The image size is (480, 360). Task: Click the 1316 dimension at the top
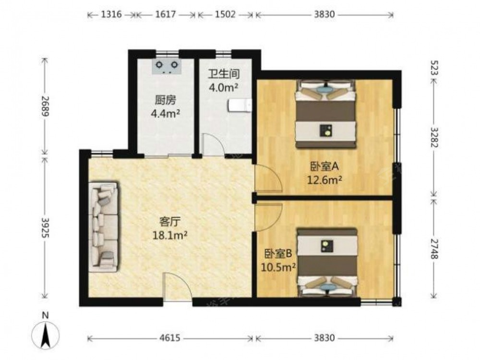point(111,14)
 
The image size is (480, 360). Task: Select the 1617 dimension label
point(165,14)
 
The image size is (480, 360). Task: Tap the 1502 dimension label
point(225,14)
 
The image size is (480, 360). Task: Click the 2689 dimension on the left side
point(45,106)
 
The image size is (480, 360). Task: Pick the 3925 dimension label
point(45,228)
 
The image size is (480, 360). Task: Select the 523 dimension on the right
point(434,68)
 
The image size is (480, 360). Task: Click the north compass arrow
point(46,335)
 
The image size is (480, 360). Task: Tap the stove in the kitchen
point(167,67)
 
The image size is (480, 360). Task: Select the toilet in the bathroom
point(240,106)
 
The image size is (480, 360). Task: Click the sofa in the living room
point(104,227)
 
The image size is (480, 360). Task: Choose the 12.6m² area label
point(324,180)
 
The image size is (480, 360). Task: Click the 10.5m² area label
point(278,267)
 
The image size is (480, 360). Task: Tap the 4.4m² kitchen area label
point(165,114)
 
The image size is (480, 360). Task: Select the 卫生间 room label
point(224,74)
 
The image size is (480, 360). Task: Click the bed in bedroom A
point(326,114)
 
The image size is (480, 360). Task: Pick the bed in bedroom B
point(327,263)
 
